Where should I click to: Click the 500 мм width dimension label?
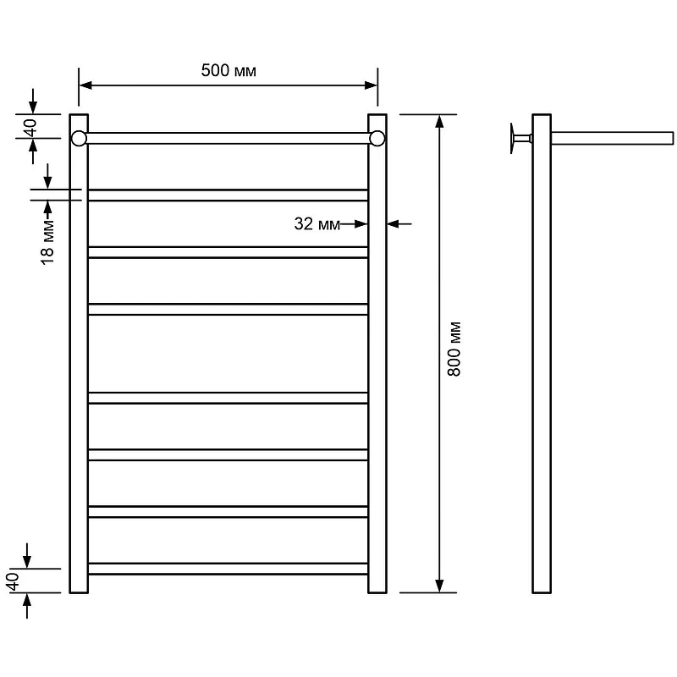click(x=228, y=70)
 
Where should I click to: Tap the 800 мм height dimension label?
click(x=454, y=349)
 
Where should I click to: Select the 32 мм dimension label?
click(x=316, y=223)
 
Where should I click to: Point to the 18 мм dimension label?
click(x=47, y=242)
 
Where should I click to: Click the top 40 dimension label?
click(x=30, y=128)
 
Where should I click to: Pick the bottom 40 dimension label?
click(x=13, y=581)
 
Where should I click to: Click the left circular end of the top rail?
click(x=79, y=139)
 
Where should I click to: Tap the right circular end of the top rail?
click(x=377, y=139)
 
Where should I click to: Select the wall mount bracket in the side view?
click(x=520, y=138)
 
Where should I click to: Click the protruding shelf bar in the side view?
click(x=612, y=138)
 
